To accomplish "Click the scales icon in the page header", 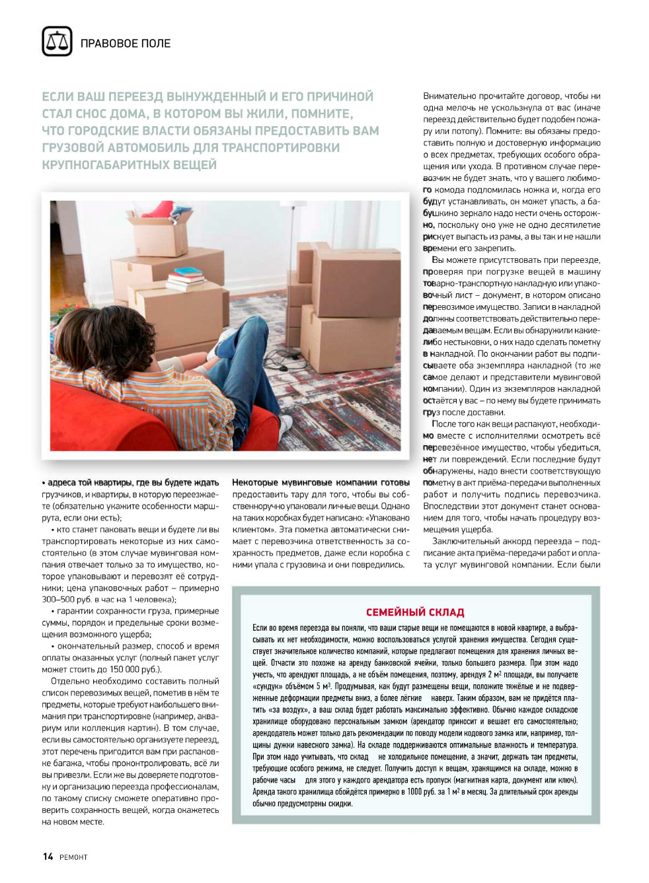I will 57,42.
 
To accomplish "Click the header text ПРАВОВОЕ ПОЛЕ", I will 126,44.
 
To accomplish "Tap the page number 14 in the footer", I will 48,857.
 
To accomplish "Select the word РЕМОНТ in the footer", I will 73,857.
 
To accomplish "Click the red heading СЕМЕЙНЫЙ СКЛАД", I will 415,612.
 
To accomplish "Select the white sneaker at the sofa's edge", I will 286,423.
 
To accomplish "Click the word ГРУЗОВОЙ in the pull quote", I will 72,147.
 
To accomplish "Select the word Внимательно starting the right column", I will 449,96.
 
